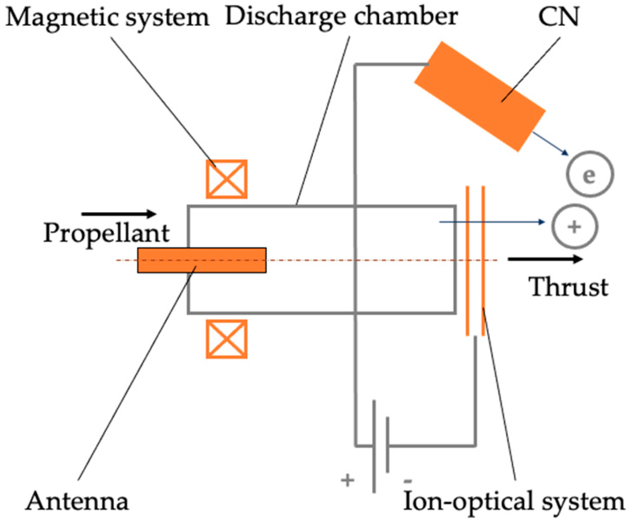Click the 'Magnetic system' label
(107, 18)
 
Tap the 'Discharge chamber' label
(341, 16)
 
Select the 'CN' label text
(558, 17)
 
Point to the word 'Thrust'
(568, 287)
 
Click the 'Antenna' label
(77, 501)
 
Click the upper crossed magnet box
(226, 179)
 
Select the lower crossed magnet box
(226, 339)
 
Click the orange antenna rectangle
(202, 260)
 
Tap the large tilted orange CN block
(480, 96)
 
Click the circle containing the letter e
(590, 175)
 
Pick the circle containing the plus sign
(575, 227)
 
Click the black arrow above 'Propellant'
(119, 214)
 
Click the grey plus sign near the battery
(348, 480)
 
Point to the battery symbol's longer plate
(373, 446)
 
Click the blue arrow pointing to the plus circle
(492, 222)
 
